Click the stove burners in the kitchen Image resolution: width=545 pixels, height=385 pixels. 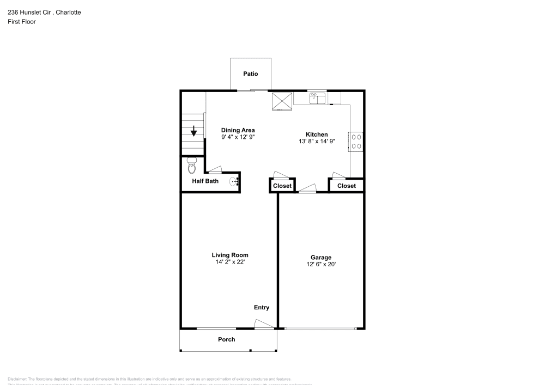356,142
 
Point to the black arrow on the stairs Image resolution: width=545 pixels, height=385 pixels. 193,131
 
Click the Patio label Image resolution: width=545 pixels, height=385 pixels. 251,74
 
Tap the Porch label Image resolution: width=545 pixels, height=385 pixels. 227,339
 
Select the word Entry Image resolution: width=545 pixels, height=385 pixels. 262,308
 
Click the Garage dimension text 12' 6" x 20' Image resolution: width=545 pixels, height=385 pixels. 321,265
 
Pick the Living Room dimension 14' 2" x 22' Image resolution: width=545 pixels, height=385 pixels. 230,262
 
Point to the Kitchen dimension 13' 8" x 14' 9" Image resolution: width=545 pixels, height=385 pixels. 317,141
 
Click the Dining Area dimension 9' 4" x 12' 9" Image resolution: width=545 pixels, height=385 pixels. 238,137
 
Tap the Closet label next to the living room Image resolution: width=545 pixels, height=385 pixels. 282,186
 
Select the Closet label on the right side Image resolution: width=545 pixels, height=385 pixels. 346,186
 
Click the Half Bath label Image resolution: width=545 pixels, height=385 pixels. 205,181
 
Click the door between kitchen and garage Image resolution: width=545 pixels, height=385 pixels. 307,189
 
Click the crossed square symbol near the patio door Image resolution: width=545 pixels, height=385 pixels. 282,100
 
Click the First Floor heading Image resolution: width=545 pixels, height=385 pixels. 22,22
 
